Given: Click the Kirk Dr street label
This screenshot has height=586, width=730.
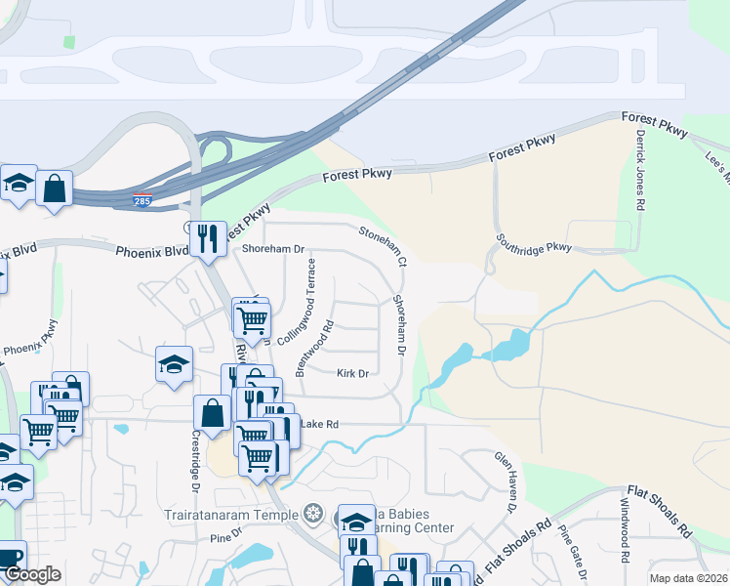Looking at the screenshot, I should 352,373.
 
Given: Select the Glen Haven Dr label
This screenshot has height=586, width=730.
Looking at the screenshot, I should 506,481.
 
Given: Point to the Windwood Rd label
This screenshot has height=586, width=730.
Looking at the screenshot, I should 622,531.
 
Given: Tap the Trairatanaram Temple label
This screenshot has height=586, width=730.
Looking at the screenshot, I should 233,513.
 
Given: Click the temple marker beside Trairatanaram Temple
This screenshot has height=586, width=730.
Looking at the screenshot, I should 313,513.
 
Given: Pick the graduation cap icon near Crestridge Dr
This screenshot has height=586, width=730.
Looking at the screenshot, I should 174,364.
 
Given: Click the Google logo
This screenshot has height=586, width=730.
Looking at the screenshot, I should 33,574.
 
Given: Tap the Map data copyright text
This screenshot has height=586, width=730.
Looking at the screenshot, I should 688,578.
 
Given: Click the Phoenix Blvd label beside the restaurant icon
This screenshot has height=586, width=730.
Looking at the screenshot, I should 150,250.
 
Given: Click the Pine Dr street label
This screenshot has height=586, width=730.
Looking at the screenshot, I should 224,536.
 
